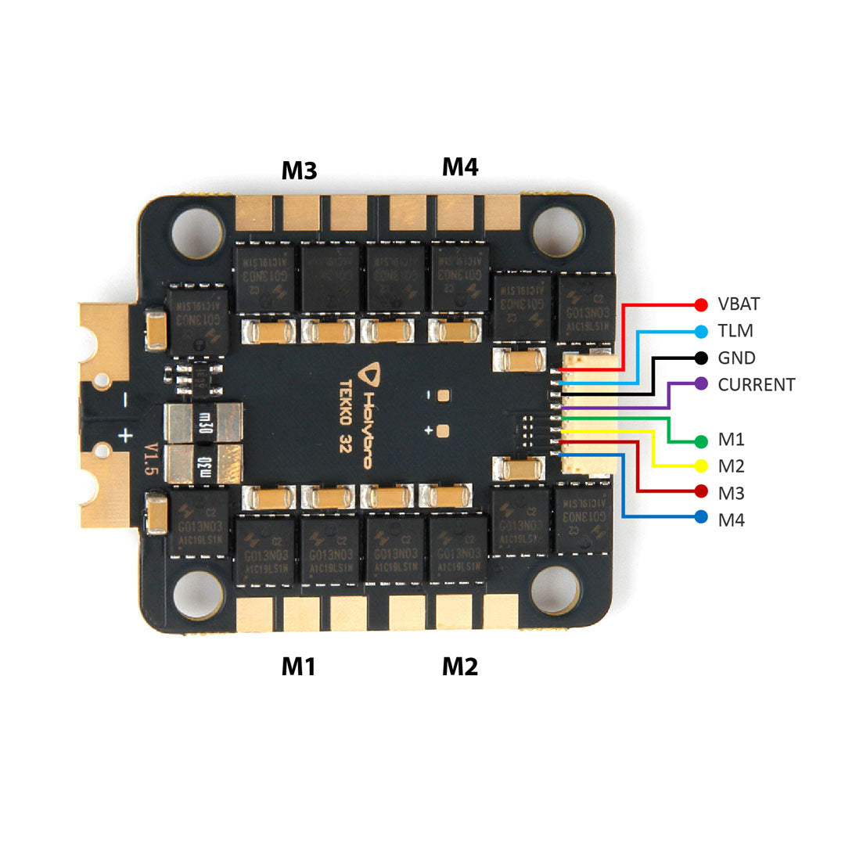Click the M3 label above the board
(x=299, y=170)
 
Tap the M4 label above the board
(x=460, y=167)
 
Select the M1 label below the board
(x=298, y=666)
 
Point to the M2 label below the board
(x=460, y=666)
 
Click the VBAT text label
(x=739, y=304)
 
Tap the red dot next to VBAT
(x=701, y=304)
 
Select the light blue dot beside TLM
(x=701, y=331)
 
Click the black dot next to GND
(x=701, y=358)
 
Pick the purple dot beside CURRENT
(x=701, y=384)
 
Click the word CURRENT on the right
(x=756, y=384)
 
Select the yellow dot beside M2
(x=701, y=466)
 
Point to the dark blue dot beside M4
(x=701, y=517)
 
